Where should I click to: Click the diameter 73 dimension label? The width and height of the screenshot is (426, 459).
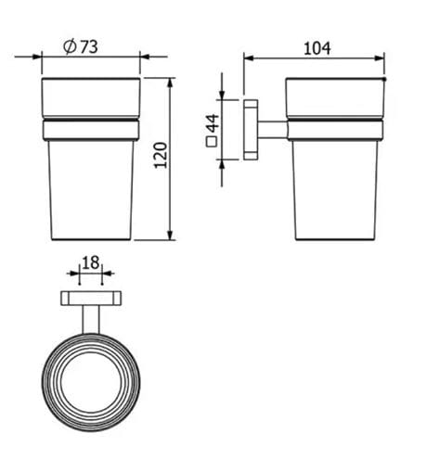(81, 46)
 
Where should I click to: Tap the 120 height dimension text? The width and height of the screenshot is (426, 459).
(161, 156)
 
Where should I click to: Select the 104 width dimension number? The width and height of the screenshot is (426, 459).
(317, 48)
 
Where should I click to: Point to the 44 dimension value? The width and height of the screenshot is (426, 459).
(213, 122)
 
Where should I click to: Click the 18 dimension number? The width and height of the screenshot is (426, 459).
(91, 262)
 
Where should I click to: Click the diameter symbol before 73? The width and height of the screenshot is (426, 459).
(70, 46)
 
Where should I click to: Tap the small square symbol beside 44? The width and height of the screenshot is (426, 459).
(212, 141)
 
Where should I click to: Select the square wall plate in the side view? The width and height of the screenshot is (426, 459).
(251, 130)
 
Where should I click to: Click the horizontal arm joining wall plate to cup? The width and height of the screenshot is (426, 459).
(273, 130)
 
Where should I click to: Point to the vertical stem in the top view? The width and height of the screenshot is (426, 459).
(91, 320)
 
